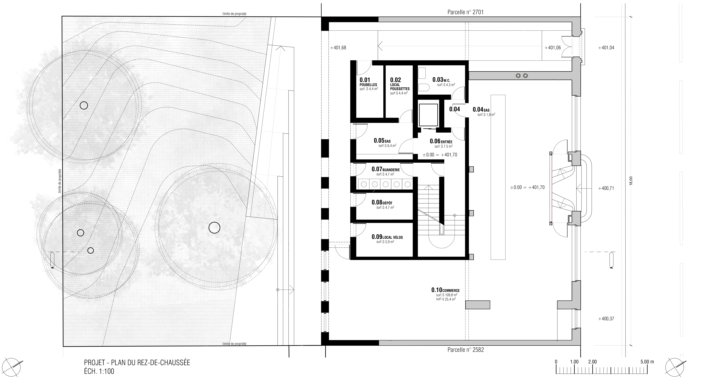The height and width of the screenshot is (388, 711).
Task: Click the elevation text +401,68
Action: [x=338, y=48]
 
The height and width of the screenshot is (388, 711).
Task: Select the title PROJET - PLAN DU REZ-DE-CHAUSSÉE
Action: [x=137, y=363]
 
